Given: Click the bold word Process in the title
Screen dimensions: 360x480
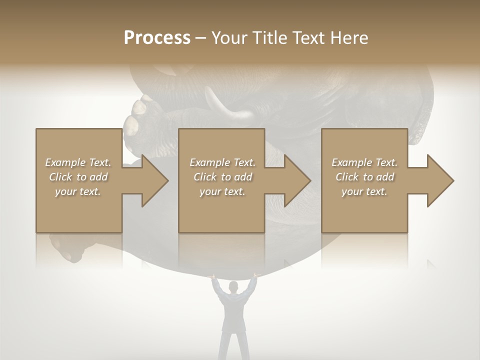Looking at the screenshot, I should coord(157,37).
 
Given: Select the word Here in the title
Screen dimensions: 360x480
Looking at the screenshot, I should coord(349,37).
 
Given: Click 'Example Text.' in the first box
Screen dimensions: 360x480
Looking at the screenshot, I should coord(78,162).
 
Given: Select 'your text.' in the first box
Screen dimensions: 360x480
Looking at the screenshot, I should coord(78,191).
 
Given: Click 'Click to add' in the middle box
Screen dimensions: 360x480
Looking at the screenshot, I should coord(222,177).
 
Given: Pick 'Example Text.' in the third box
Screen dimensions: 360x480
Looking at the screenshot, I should coord(364,162).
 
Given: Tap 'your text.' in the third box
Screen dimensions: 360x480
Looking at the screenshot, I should coord(364,191).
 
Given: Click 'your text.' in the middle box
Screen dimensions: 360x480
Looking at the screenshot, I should coord(222,191).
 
